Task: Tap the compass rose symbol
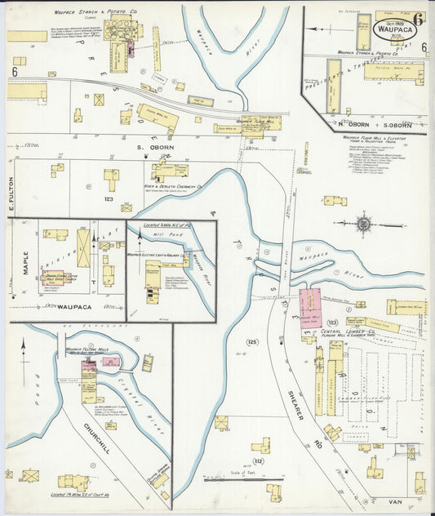point(364,223)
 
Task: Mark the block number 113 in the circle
point(332,322)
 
